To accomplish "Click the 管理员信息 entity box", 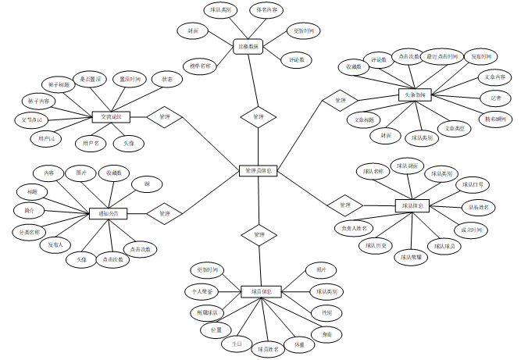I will pyautogui.click(x=258, y=170).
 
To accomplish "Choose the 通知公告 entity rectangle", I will pyautogui.click(x=109, y=212).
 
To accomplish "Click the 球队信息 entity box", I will pyautogui.click(x=412, y=206).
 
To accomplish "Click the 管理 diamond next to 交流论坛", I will pyautogui.click(x=164, y=116).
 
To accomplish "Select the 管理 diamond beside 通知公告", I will pyautogui.click(x=164, y=212).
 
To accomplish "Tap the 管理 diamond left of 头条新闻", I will pyautogui.click(x=339, y=100).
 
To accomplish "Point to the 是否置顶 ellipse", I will pyautogui.click(x=90, y=79).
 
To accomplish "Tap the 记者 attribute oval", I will pyautogui.click(x=495, y=98).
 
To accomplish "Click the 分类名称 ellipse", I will pyautogui.click(x=30, y=232).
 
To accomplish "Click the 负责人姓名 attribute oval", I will pyautogui.click(x=353, y=228).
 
